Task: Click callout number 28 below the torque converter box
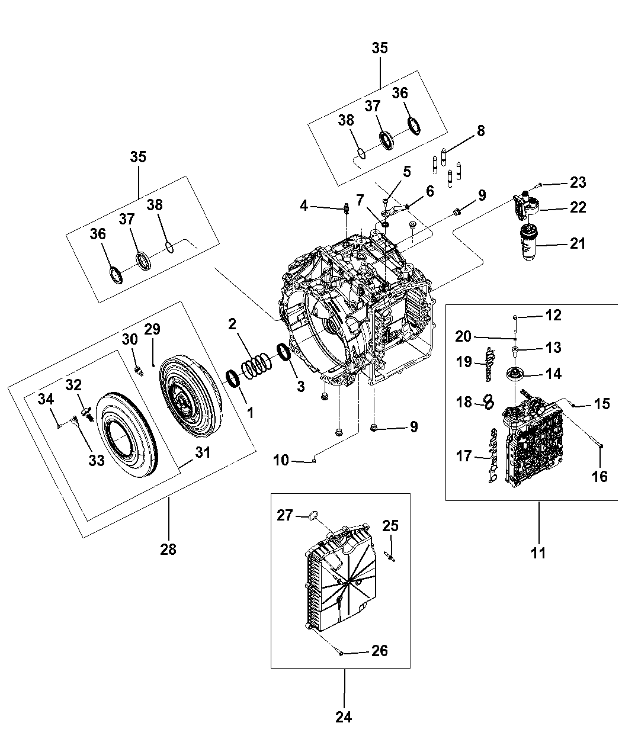(x=168, y=549)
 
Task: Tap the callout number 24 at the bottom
(x=344, y=717)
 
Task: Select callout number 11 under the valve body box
(x=538, y=553)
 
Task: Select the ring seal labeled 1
(x=233, y=379)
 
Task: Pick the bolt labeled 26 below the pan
(x=339, y=653)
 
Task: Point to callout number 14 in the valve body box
(x=553, y=374)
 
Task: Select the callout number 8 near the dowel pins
(x=480, y=130)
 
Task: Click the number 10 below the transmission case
(x=281, y=460)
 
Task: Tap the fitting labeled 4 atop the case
(x=345, y=208)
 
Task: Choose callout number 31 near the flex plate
(x=203, y=453)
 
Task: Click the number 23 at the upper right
(x=578, y=182)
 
